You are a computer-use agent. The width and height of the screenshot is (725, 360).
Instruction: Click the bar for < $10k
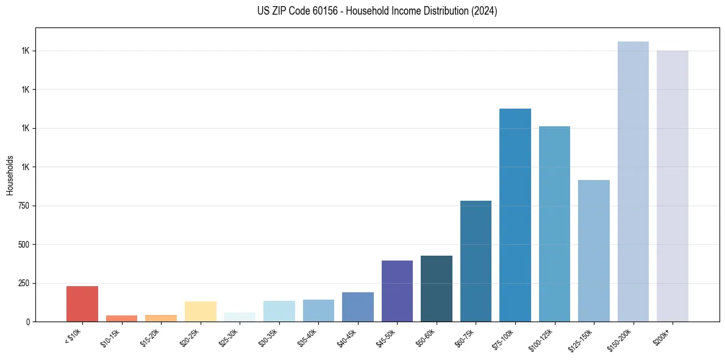[82, 304]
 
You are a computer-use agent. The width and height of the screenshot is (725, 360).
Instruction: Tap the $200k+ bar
[672, 186]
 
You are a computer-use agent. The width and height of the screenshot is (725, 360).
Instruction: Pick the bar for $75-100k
[515, 215]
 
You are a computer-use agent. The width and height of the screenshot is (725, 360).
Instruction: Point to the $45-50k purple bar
[397, 291]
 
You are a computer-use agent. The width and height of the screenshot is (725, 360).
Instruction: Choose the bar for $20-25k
[201, 311]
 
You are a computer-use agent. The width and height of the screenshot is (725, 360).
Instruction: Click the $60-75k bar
[476, 261]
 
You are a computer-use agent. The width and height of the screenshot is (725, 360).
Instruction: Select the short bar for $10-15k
[121, 319]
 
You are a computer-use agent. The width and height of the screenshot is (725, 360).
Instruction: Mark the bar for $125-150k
[594, 251]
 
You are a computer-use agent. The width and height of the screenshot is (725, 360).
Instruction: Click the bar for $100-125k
[554, 224]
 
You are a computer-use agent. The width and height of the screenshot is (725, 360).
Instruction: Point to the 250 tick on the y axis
[24, 283]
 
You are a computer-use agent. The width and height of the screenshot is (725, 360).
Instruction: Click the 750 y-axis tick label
[24, 206]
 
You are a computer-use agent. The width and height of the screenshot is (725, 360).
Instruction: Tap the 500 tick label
[24, 245]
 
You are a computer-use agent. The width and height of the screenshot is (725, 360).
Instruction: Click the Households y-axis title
[10, 175]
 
